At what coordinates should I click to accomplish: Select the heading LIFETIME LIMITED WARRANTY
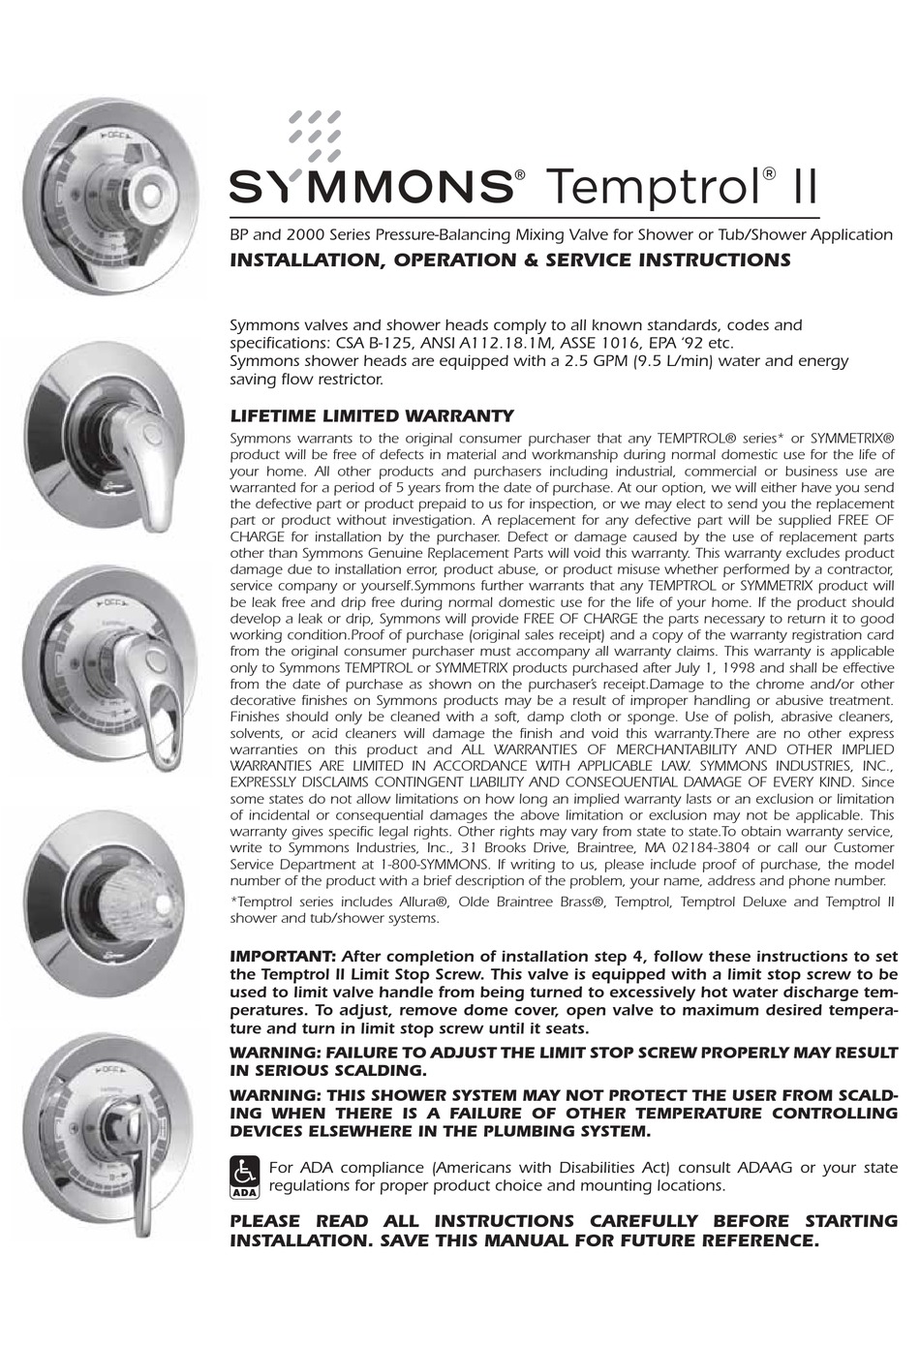372,416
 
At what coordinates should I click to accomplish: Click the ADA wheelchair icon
245,1176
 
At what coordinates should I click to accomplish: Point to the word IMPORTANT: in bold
283,956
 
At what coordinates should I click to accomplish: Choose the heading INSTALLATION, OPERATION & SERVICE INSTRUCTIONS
509,260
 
